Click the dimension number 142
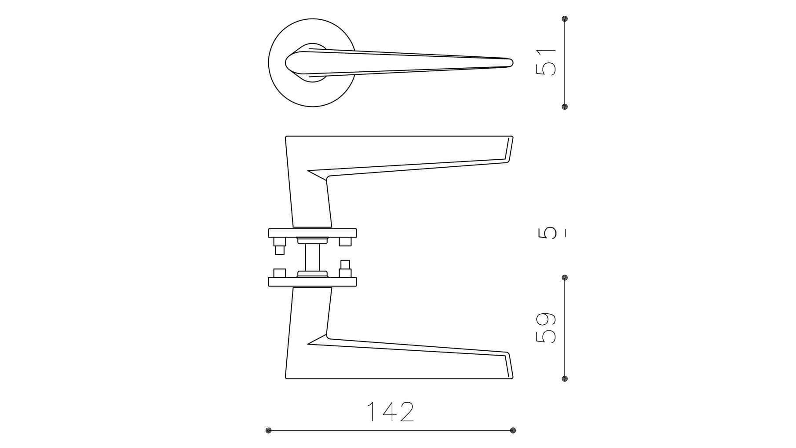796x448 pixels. point(391,412)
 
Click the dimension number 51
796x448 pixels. point(546,62)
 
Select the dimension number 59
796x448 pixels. point(546,328)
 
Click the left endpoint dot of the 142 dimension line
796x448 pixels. point(269,430)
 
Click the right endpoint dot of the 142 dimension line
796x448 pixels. point(513,430)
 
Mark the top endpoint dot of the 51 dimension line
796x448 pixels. point(565,19)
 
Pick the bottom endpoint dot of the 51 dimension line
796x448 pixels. point(565,106)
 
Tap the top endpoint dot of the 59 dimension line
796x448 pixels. point(565,278)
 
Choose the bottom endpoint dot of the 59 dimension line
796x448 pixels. point(565,378)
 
